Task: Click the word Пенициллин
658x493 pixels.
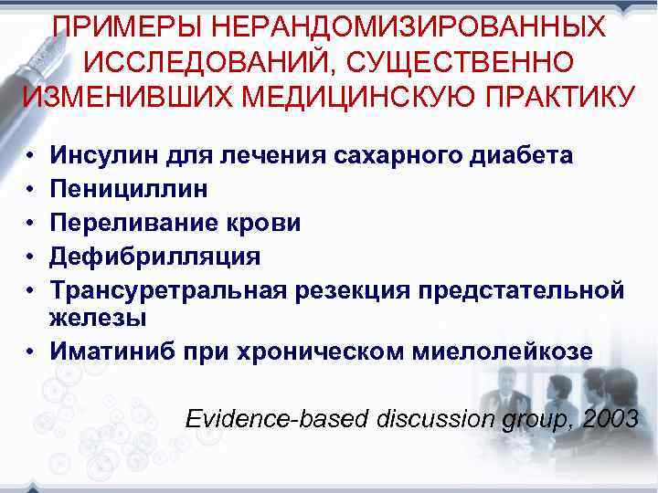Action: tap(129, 188)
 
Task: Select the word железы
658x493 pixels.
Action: tap(96, 318)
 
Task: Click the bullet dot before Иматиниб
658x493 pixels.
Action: tap(30, 351)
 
